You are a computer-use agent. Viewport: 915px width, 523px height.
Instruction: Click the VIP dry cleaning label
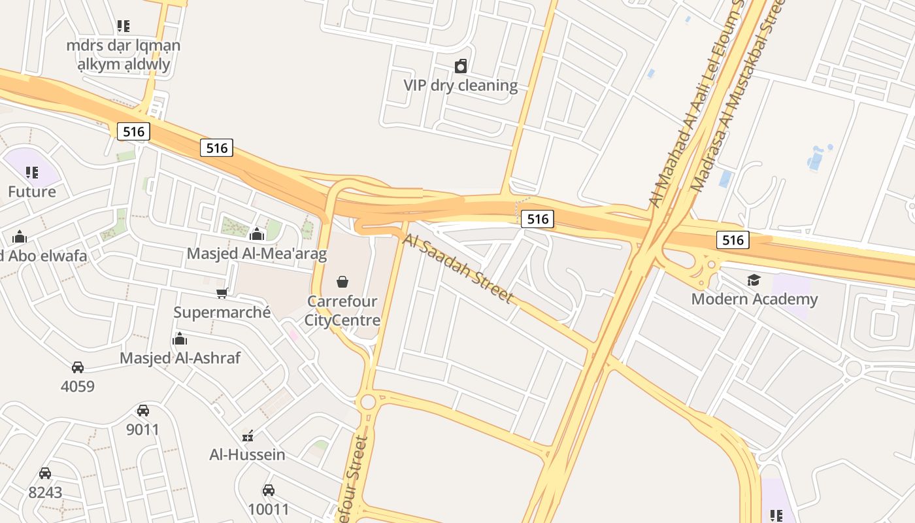coord(460,85)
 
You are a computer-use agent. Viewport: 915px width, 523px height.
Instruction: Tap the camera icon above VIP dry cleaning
coord(461,66)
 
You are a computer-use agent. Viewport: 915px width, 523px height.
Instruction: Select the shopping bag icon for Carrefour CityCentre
coord(342,282)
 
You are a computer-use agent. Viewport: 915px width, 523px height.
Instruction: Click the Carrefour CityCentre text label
coord(342,311)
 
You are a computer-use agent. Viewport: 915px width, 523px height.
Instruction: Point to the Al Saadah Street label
coord(457,269)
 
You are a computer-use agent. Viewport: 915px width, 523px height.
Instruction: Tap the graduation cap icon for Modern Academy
coord(754,280)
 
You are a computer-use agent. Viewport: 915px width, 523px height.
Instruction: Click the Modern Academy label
coord(754,299)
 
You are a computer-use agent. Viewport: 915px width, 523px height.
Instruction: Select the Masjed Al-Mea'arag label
coord(256,253)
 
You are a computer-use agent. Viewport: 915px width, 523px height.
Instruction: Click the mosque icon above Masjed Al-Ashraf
coord(180,339)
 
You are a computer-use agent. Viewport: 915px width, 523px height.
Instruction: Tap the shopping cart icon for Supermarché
coord(222,293)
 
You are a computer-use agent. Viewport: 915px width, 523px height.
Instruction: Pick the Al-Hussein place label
coord(247,454)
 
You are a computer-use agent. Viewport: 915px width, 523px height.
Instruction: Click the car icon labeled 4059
coord(78,367)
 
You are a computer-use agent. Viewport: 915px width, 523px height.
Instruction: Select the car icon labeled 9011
coord(142,411)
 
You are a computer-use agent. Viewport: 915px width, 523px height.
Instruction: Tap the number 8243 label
coord(45,492)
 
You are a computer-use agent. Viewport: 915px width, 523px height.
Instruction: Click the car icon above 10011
coord(268,490)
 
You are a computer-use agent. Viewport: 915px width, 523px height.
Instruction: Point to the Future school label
coord(32,192)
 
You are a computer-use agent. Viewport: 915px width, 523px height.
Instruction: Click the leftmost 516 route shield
coord(133,131)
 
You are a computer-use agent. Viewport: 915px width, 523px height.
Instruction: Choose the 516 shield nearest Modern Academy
coord(733,240)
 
